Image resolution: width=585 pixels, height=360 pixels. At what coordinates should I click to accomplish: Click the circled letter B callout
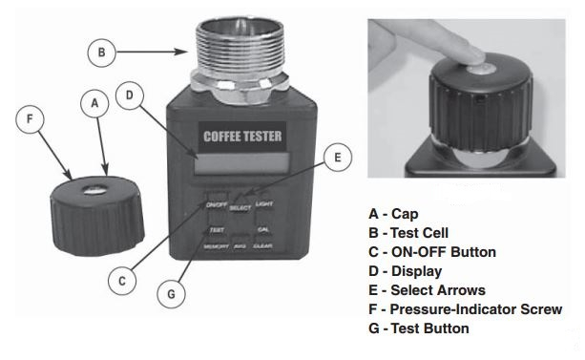tap(101, 53)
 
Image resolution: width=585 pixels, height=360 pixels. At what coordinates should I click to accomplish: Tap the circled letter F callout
tap(30, 119)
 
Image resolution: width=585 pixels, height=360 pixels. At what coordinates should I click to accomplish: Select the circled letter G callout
tap(171, 294)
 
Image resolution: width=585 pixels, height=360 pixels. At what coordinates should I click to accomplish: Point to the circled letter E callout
tap(338, 158)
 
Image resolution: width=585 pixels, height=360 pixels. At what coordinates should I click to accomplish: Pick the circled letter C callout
tap(122, 281)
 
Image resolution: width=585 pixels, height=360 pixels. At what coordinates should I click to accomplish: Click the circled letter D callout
tap(130, 95)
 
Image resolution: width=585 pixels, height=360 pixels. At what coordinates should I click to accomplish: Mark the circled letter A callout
tap(94, 103)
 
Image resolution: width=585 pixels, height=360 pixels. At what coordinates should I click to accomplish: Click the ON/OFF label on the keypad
tap(217, 204)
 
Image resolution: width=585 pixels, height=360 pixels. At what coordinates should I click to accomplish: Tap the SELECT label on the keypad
tap(240, 207)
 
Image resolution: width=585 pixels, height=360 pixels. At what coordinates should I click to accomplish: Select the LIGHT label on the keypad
tap(264, 204)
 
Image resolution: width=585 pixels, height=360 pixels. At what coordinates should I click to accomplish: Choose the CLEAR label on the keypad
tap(262, 245)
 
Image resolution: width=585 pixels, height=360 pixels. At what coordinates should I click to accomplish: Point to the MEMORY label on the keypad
tap(216, 246)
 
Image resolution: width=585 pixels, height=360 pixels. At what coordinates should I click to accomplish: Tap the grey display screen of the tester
tap(241, 163)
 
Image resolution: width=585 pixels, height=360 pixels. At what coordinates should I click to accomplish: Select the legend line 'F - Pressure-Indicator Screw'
tap(466, 309)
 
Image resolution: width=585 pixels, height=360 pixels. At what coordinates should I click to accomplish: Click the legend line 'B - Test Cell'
tap(408, 233)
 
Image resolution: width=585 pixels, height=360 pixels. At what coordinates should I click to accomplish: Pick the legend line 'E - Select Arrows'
tap(427, 290)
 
